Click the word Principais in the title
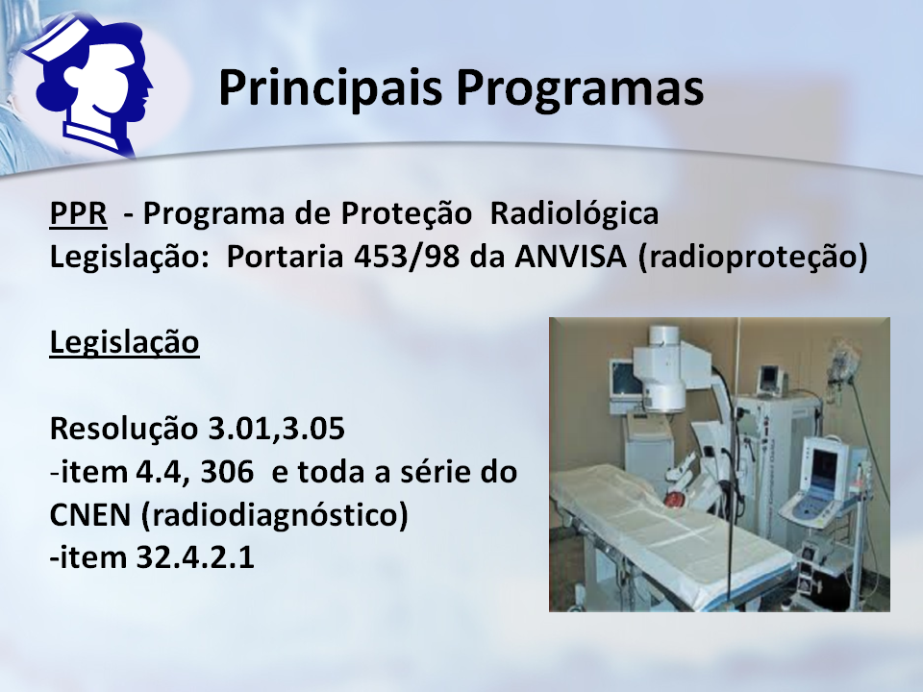(330, 88)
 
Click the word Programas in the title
(580, 88)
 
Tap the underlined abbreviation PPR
(78, 213)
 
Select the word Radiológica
(574, 214)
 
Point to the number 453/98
(406, 257)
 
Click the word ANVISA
(570, 257)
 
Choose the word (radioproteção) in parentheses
(753, 258)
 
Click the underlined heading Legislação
(124, 342)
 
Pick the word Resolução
(124, 429)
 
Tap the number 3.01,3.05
(277, 430)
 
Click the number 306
(227, 472)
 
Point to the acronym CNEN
(90, 515)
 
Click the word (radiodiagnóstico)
(275, 515)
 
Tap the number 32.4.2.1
(195, 557)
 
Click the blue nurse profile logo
(88, 86)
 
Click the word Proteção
(406, 214)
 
